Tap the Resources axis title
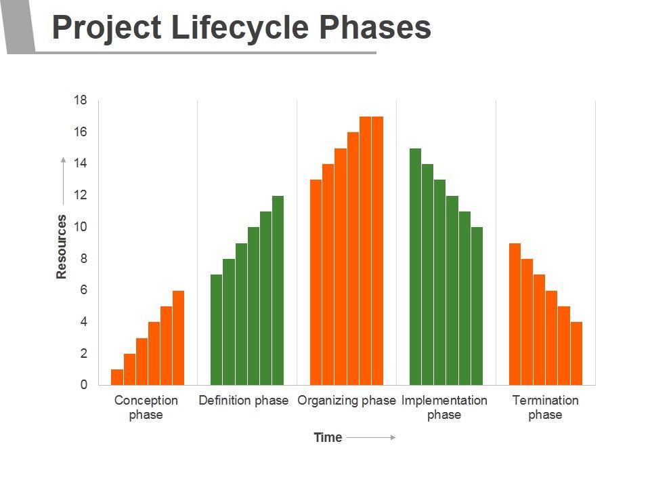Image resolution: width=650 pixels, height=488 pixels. tap(62, 246)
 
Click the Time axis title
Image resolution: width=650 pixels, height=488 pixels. tap(328, 438)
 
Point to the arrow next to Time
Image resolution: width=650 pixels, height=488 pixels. tap(371, 438)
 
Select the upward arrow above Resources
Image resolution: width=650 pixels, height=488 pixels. tap(63, 180)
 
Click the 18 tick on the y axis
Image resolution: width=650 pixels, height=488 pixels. tap(81, 100)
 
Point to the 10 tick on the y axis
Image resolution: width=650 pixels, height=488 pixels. tap(81, 227)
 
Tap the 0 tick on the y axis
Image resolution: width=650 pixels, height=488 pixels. tap(84, 385)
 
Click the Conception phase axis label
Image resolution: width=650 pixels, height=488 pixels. tap(146, 407)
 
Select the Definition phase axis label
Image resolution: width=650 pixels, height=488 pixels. tap(244, 401)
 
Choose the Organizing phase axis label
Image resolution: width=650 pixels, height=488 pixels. tap(347, 401)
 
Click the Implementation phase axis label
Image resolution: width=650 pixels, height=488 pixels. tap(444, 407)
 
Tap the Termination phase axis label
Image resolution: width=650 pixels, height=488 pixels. tap(546, 407)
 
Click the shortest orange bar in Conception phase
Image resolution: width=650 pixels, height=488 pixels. tap(117, 377)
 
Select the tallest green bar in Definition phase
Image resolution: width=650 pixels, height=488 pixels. tap(278, 290)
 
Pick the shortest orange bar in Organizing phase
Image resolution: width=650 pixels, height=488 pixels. tap(316, 282)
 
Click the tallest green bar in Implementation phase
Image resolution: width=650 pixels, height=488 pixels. tap(415, 266)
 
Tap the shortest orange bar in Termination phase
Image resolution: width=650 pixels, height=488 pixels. tap(576, 353)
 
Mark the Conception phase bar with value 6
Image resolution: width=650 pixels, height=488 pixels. tap(179, 338)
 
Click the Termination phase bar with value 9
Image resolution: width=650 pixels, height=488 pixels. tap(515, 314)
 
